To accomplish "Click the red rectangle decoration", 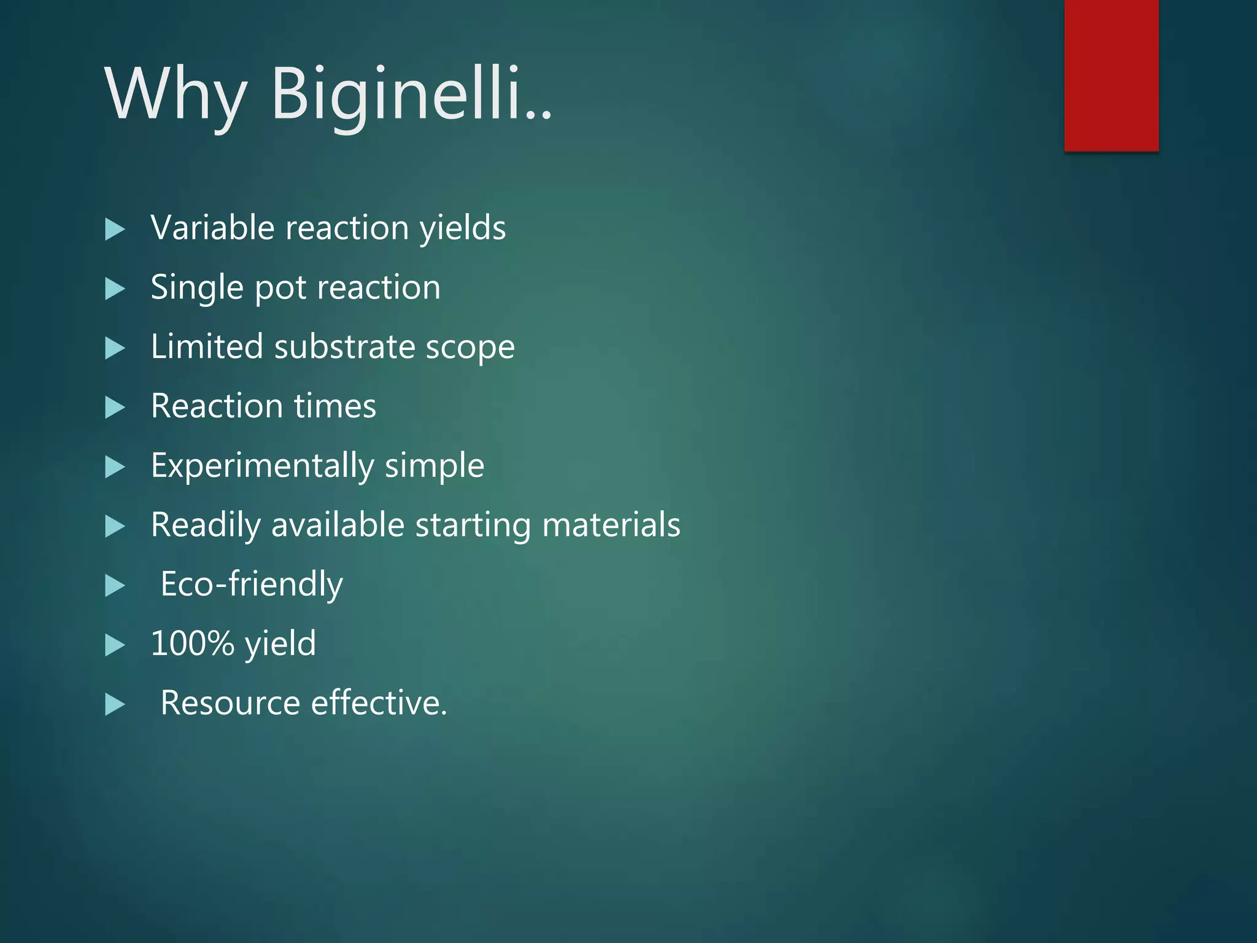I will [x=1111, y=75].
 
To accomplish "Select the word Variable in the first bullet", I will [x=212, y=228].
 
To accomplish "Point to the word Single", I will [x=196, y=287].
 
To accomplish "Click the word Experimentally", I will [x=262, y=466].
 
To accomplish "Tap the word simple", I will [x=435, y=466].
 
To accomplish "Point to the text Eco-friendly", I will [x=252, y=584].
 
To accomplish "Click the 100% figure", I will [x=192, y=643].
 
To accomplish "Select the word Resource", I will [x=230, y=703].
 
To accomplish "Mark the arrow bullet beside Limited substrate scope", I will [x=114, y=348].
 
